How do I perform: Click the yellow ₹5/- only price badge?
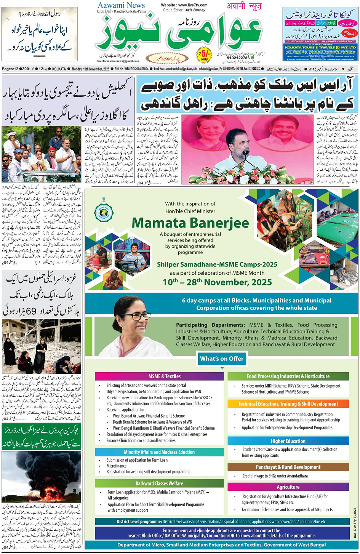pyautogui.click(x=204, y=54)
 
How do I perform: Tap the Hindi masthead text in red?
pyautogui.click(x=244, y=6)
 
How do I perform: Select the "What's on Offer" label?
pyautogui.click(x=222, y=359)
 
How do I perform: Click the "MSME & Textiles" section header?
pyautogui.click(x=159, y=376)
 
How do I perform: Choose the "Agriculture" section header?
pyautogui.click(x=288, y=487)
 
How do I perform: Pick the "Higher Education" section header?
pyautogui.click(x=288, y=441)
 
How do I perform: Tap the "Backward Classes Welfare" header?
pyautogui.click(x=159, y=484)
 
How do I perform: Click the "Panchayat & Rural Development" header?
pyautogui.click(x=288, y=467)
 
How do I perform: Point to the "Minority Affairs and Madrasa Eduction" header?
pyautogui.click(x=159, y=452)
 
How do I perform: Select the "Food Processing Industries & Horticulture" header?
pyautogui.click(x=288, y=376)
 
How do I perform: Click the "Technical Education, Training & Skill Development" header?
pyautogui.click(x=288, y=404)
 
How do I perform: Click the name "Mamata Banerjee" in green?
pyautogui.click(x=190, y=223)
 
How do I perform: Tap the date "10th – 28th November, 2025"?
pyautogui.click(x=217, y=282)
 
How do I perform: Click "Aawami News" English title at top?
pyautogui.click(x=121, y=5)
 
